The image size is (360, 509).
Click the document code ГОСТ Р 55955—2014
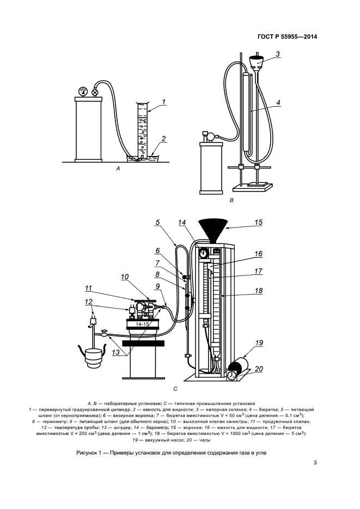point(287,36)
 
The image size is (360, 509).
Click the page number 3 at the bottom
point(315,463)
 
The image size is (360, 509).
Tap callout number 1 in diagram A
point(163,102)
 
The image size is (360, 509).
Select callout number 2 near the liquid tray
point(163,139)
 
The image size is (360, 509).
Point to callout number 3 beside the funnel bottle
point(278,54)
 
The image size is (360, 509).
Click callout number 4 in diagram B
point(278,102)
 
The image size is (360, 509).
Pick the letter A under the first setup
point(118,168)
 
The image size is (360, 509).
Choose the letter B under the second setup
point(231,200)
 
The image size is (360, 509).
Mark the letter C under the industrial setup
point(175,388)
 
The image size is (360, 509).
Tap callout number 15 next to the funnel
point(258,222)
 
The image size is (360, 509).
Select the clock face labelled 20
point(231,375)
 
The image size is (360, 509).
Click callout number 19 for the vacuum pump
point(259,343)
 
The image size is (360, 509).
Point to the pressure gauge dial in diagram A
point(83,91)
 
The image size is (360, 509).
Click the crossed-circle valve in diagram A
point(95,93)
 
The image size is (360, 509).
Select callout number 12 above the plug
point(89,302)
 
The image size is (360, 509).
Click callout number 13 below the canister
point(116,353)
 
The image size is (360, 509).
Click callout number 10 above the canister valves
point(125,277)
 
